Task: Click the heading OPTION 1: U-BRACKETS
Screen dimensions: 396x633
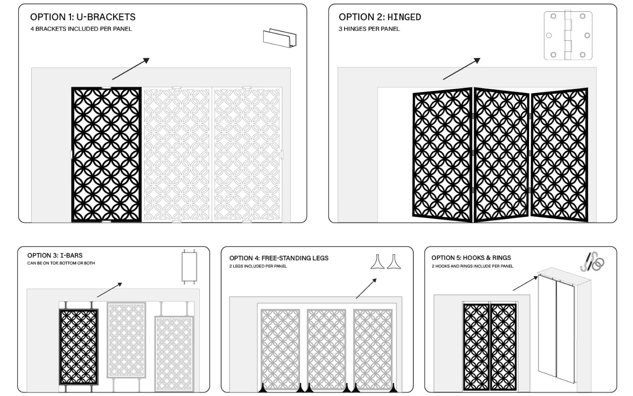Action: coord(83,17)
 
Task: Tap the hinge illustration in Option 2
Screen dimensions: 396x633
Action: coord(568,36)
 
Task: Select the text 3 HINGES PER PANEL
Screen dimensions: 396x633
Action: coord(369,29)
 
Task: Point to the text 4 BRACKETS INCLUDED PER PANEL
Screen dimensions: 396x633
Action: coord(81,29)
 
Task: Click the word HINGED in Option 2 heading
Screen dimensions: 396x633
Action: coord(404,17)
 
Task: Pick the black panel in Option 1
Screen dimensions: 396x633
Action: coord(106,154)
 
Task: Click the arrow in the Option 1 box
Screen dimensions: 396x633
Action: coord(131,69)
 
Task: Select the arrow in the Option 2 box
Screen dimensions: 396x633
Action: coord(462,69)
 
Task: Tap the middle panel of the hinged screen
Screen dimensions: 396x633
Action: coord(501,154)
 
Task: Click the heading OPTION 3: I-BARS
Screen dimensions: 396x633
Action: coord(55,255)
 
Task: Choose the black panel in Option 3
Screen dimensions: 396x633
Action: coord(79,347)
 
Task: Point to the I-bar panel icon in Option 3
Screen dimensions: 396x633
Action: coord(189,266)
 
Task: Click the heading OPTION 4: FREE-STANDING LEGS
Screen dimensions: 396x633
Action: coord(279,258)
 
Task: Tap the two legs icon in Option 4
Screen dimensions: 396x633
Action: coord(386,262)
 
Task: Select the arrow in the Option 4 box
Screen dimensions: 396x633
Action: coord(366,289)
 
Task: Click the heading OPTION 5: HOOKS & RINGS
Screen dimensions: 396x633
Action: coord(471,258)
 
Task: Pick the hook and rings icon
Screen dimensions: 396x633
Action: coord(592,262)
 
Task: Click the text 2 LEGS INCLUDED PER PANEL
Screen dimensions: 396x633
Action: coord(258,266)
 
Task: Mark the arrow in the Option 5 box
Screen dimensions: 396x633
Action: coord(525,283)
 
